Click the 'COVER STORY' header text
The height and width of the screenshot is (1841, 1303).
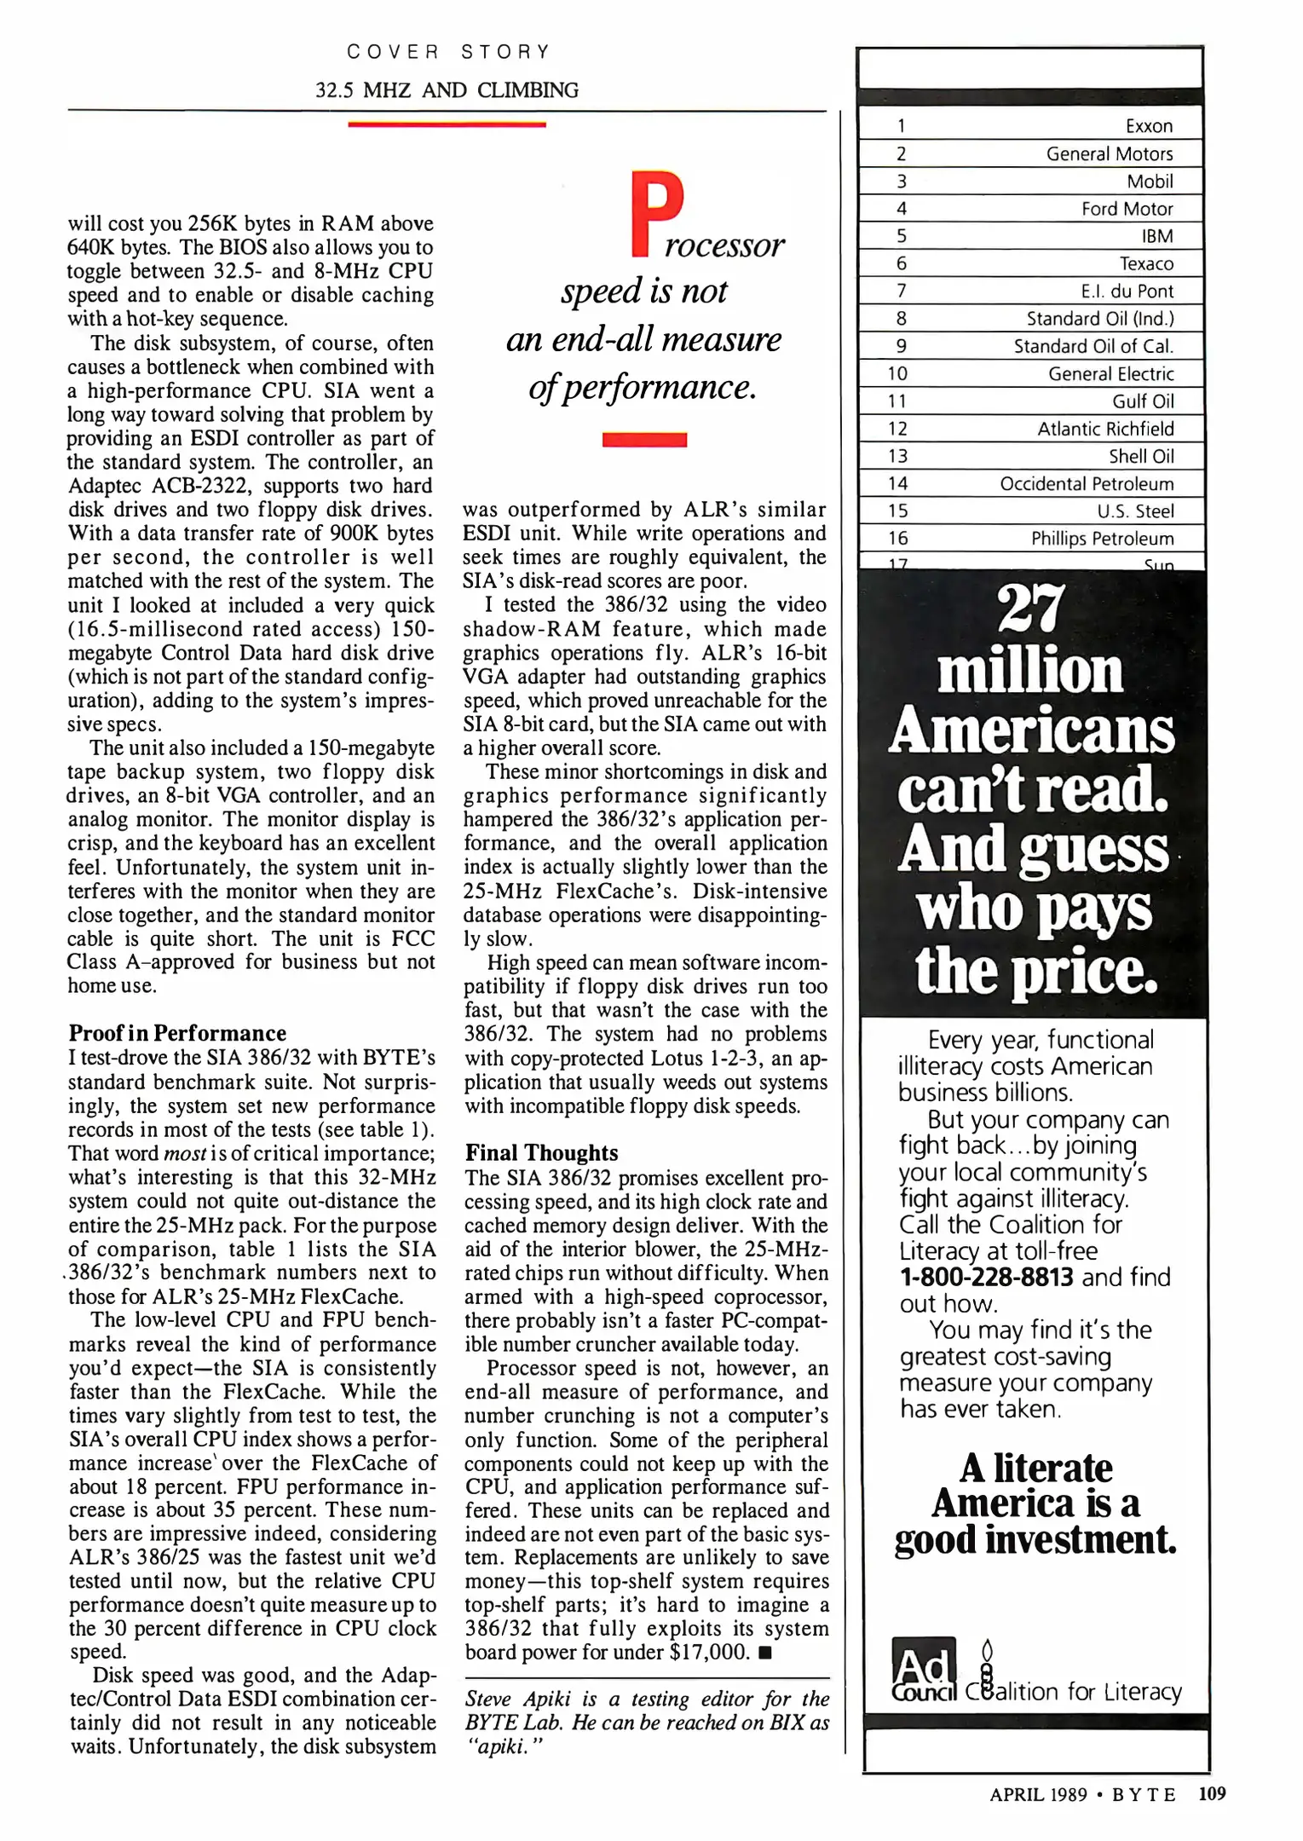click(x=448, y=52)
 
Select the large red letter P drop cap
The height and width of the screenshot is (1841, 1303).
click(x=656, y=214)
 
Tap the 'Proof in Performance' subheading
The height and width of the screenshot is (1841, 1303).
click(x=177, y=1033)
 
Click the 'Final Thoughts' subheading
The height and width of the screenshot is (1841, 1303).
click(x=541, y=1153)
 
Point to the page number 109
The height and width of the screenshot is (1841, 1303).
click(x=1211, y=1794)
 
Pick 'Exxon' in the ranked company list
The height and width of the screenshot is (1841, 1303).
click(x=1149, y=126)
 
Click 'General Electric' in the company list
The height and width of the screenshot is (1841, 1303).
click(x=1110, y=373)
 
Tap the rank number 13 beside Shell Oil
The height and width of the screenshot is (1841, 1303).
click(x=897, y=456)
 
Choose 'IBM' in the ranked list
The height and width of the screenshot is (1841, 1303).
click(x=1157, y=236)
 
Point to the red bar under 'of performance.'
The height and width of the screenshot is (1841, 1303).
click(x=644, y=440)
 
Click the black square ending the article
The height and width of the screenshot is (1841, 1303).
click(x=764, y=1653)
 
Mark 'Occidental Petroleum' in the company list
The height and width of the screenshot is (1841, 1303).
click(x=1087, y=483)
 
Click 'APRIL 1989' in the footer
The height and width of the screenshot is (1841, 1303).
click(x=1037, y=1795)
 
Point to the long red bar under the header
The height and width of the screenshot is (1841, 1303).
click(x=447, y=124)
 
